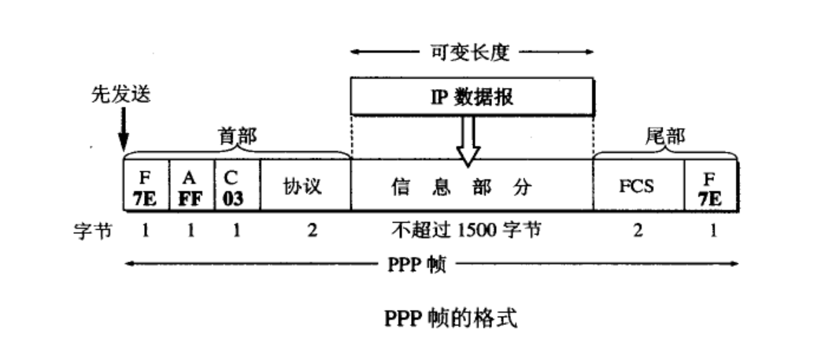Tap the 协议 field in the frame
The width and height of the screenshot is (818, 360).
coord(305,187)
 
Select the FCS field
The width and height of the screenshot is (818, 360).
coord(637,187)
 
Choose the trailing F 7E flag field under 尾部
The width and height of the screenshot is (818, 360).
coord(711,187)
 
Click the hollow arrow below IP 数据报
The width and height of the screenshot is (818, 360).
coord(469,139)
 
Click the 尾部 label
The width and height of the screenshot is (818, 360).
coord(665,136)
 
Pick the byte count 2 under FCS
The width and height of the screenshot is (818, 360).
coord(638,233)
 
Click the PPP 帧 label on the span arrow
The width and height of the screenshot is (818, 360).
coord(414,263)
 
